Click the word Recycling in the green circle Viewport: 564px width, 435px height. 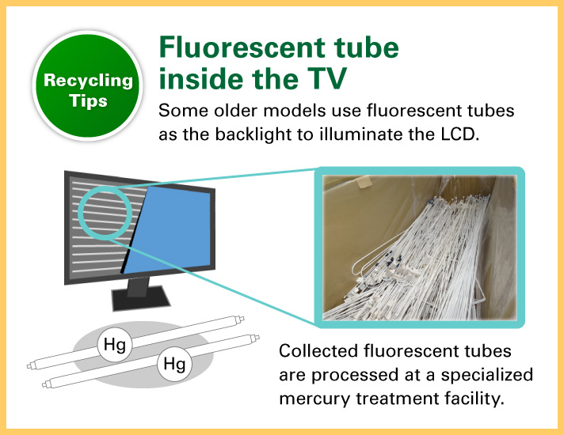click(88, 81)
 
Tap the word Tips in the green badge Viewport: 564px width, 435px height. click(88, 101)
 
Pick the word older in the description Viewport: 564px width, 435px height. click(235, 110)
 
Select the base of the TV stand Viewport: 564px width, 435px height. click(141, 298)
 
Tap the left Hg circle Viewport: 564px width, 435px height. click(115, 344)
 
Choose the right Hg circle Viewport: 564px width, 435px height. click(174, 364)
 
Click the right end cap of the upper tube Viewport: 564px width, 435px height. click(240, 319)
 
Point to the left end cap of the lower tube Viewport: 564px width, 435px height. click(46, 384)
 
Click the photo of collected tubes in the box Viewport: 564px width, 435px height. click(419, 248)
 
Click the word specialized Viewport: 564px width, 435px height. click(487, 375)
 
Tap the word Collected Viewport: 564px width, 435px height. click(318, 351)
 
